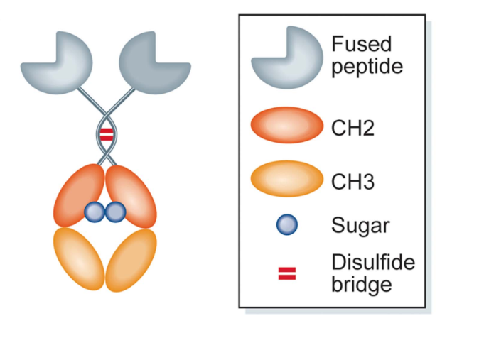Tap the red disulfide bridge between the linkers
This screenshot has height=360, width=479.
pyautogui.click(x=106, y=133)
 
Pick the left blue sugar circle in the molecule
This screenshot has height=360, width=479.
pyautogui.click(x=95, y=210)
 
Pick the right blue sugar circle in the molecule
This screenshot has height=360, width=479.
pyautogui.click(x=115, y=210)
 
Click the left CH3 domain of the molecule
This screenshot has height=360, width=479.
pyautogui.click(x=77, y=256)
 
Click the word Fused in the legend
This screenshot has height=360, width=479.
pyautogui.click(x=361, y=45)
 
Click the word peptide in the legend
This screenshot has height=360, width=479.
pyautogui.click(x=367, y=67)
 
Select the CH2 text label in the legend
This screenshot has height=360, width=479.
pyautogui.click(x=353, y=130)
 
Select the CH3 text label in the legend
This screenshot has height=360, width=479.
pyautogui.click(x=353, y=182)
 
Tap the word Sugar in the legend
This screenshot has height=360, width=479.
pyautogui.click(x=360, y=227)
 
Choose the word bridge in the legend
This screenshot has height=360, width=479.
pyautogui.click(x=361, y=284)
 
